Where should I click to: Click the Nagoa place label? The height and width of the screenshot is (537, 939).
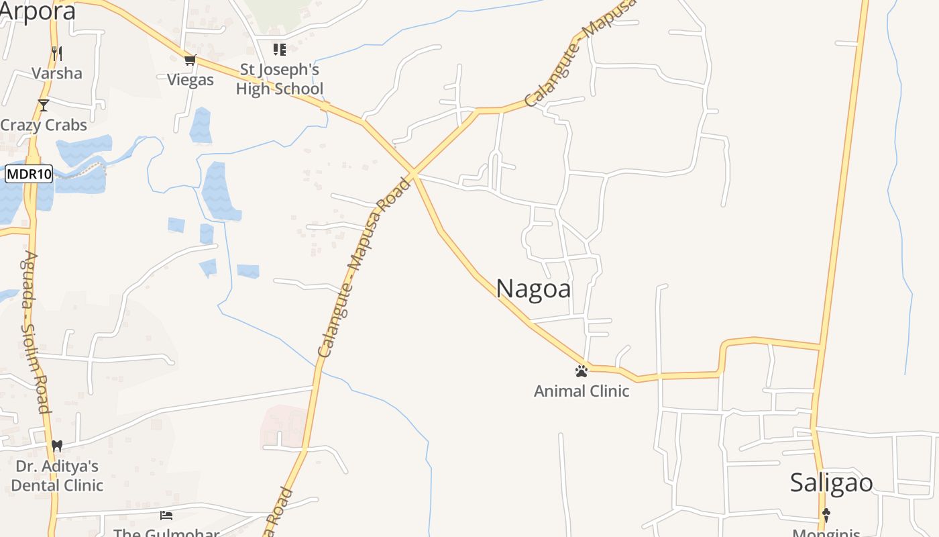click(x=533, y=289)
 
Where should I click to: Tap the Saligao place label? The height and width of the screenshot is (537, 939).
click(x=831, y=483)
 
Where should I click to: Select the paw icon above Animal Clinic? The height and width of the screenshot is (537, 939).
click(x=582, y=371)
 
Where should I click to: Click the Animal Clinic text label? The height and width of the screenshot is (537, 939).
click(x=582, y=391)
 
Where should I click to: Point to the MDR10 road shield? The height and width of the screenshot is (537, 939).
click(x=29, y=175)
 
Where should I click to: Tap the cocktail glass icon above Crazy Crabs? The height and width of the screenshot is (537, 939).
click(x=44, y=105)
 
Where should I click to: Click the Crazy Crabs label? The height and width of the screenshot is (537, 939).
click(x=44, y=125)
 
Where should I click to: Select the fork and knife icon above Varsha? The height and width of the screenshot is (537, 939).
click(x=57, y=53)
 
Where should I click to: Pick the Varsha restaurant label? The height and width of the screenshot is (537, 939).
click(x=57, y=73)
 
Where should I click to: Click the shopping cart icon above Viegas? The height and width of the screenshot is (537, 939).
click(x=190, y=60)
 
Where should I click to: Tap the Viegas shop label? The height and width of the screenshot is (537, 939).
click(x=190, y=80)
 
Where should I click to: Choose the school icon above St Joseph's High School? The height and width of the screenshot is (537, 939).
click(x=279, y=49)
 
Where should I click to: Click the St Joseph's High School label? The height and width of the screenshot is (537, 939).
click(x=279, y=79)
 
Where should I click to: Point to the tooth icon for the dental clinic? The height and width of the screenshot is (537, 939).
click(x=57, y=445)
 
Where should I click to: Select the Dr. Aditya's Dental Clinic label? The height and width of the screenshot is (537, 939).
click(x=57, y=475)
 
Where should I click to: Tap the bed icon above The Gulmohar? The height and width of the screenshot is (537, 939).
click(x=166, y=516)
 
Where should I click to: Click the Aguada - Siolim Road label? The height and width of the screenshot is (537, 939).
click(x=36, y=332)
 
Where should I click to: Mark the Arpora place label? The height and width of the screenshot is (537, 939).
click(x=37, y=11)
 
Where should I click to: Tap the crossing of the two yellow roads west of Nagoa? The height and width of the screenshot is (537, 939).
click(x=415, y=174)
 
